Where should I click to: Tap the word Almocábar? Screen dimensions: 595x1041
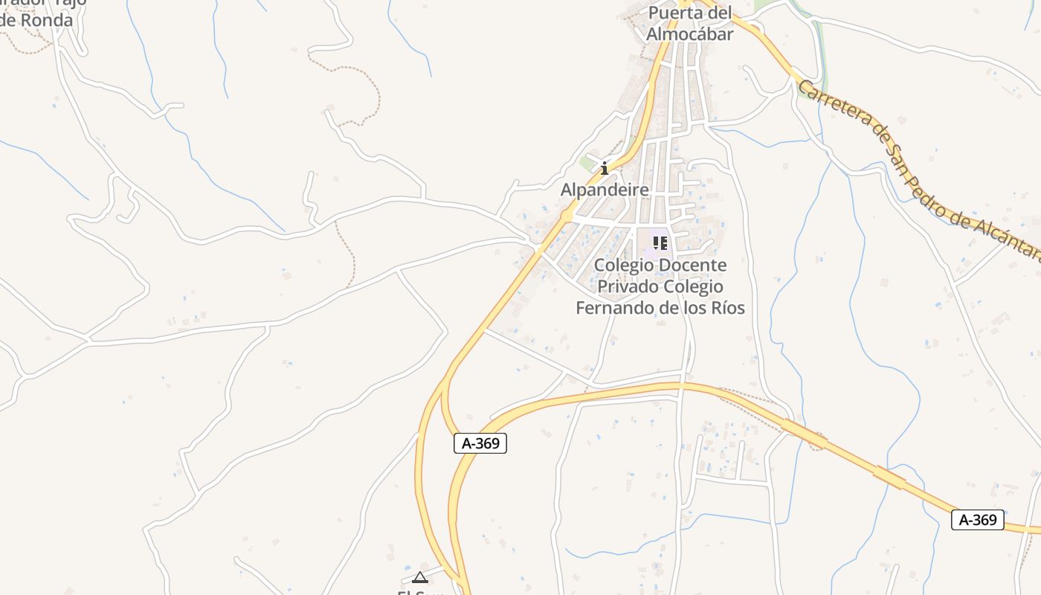tap(689, 34)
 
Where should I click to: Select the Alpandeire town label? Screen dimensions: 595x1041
tap(604, 190)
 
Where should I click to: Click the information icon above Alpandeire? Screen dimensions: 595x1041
tap(605, 169)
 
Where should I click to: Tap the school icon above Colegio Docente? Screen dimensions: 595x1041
tap(660, 243)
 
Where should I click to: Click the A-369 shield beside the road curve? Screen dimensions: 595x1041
tap(480, 444)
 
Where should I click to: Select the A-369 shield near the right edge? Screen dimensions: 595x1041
tap(977, 520)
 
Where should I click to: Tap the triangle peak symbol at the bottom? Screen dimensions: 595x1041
tap(420, 577)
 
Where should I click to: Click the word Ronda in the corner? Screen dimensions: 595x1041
tap(46, 20)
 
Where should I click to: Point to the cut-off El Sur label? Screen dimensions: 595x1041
tap(421, 592)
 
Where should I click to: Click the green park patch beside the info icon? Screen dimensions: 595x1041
tap(587, 163)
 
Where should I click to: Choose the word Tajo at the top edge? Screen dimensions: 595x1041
tap(71, 2)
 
